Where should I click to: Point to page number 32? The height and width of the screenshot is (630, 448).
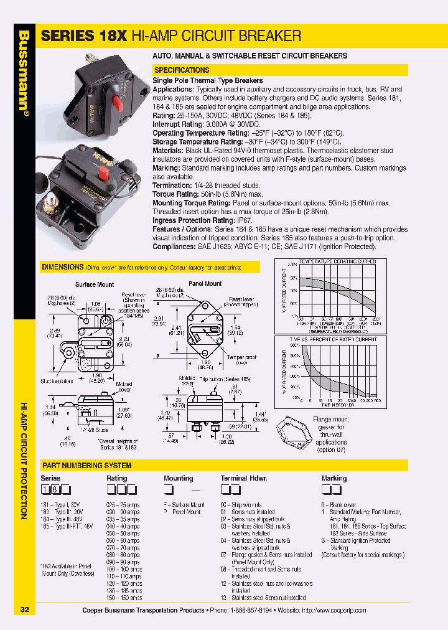(24, 609)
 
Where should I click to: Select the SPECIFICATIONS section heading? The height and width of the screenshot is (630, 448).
(182, 70)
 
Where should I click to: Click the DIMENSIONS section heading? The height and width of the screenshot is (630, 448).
(62, 267)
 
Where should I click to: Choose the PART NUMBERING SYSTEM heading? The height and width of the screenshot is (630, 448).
(86, 466)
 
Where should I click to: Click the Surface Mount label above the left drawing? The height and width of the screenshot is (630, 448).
(95, 284)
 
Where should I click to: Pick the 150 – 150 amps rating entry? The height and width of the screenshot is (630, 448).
(124, 598)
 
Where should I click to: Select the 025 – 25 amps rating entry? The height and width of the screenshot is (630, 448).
(123, 505)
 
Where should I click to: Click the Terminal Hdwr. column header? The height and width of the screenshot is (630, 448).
(244, 479)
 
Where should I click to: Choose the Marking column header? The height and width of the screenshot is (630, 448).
(334, 479)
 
